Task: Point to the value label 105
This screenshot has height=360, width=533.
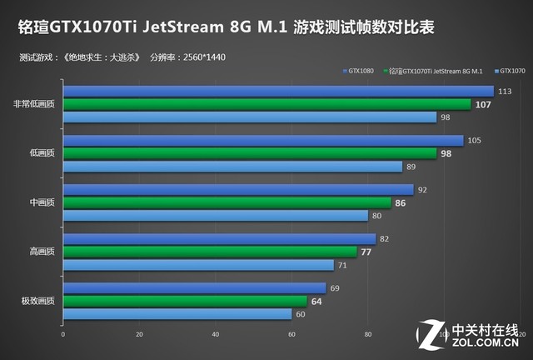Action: (475, 140)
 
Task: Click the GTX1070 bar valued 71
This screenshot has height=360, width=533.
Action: (198, 265)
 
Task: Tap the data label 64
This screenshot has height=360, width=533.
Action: (316, 301)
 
